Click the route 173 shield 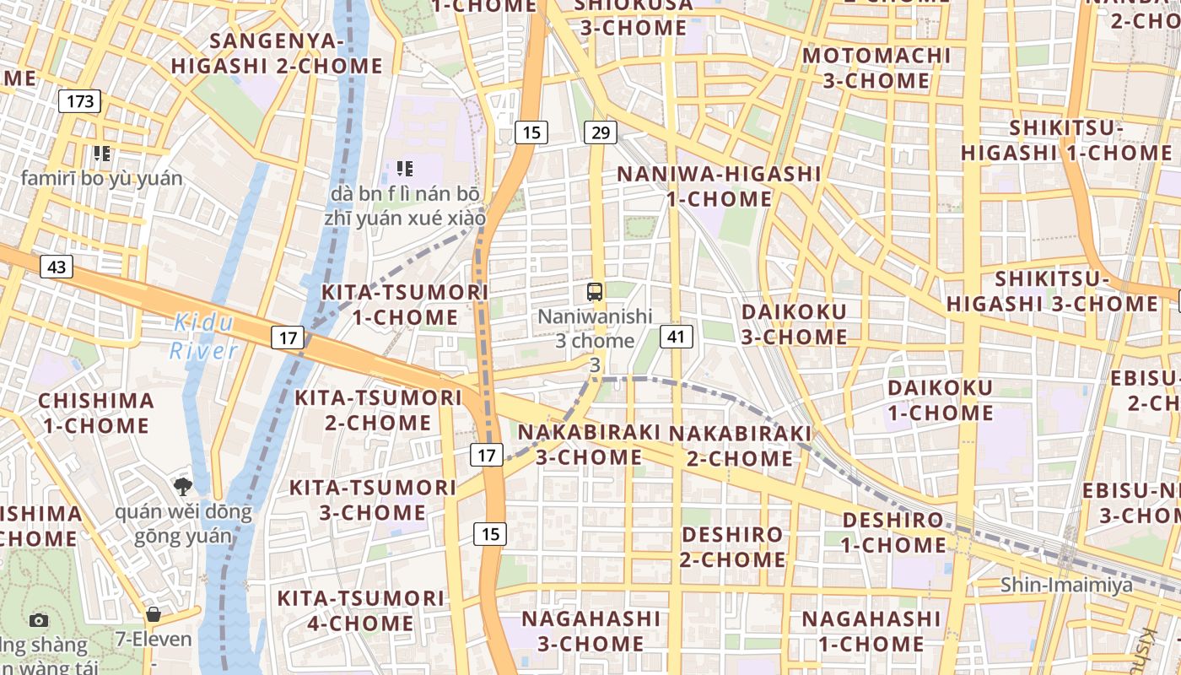pos(80,102)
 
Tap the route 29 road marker pos(600,132)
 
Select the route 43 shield pos(57,267)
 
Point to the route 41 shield pos(676,337)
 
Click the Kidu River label pos(203,337)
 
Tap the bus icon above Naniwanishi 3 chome pos(595,293)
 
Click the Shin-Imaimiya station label pos(1066,585)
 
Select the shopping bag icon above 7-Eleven pos(153,614)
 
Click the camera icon pos(39,621)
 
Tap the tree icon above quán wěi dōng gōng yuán pos(182,486)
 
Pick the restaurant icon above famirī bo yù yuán pos(102,154)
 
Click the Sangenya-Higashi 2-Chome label pos(277,53)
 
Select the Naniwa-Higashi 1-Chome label pos(719,186)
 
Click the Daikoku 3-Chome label pos(794,324)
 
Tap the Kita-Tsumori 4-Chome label pos(361,611)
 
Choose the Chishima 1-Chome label pos(96,413)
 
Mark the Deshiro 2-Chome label pos(732,547)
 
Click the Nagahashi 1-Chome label pos(871,631)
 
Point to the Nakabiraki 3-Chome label pos(589,444)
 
